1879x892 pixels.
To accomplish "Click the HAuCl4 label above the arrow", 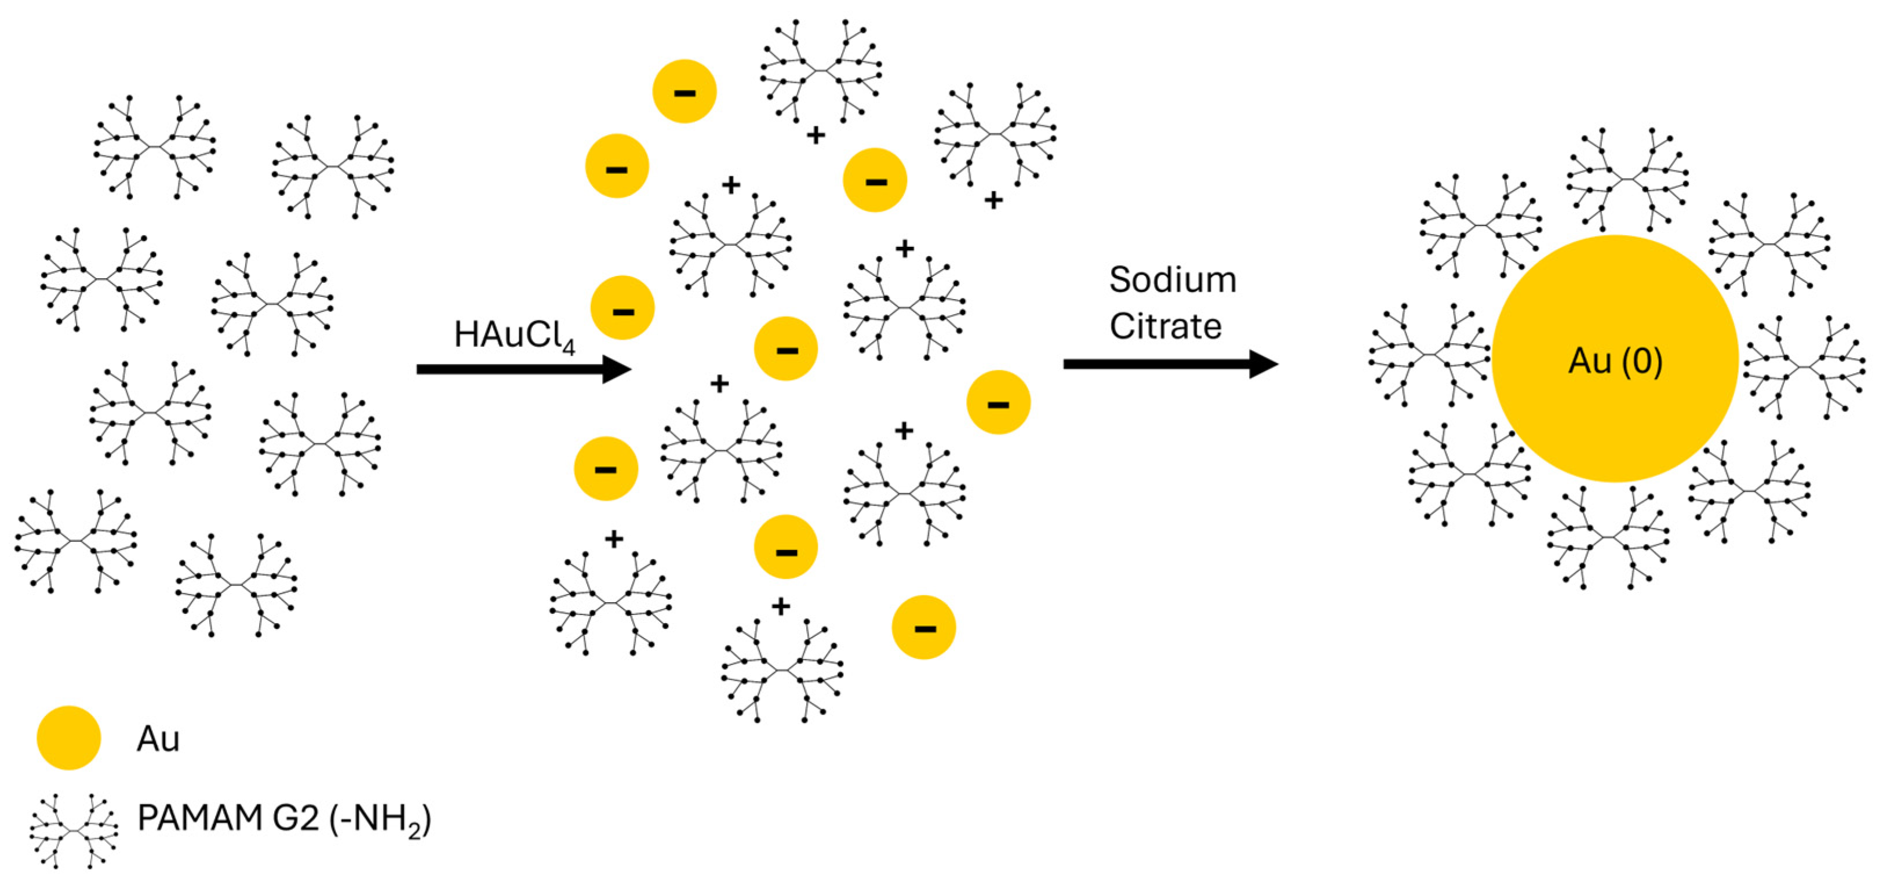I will pos(514,336).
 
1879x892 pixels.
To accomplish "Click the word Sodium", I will pos(1172,280).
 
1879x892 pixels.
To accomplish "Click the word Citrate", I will pos(1165,326).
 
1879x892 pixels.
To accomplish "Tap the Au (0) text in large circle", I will pos(1615,361).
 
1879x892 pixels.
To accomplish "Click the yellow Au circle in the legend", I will pos(68,737).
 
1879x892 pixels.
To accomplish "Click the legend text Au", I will pos(158,739).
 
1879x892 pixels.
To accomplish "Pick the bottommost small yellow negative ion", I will pos(923,627).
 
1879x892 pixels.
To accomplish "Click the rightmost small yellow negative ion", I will pos(998,403).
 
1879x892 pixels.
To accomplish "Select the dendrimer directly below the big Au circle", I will pos(1608,537).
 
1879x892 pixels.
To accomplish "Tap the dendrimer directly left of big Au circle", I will pos(1430,355).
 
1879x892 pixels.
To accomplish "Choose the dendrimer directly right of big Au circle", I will pos(1804,367).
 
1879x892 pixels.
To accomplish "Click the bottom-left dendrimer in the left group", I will pos(75,540).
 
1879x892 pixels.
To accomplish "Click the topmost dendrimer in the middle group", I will pos(821,71).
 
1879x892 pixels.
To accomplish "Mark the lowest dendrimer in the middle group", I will pos(781,669).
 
